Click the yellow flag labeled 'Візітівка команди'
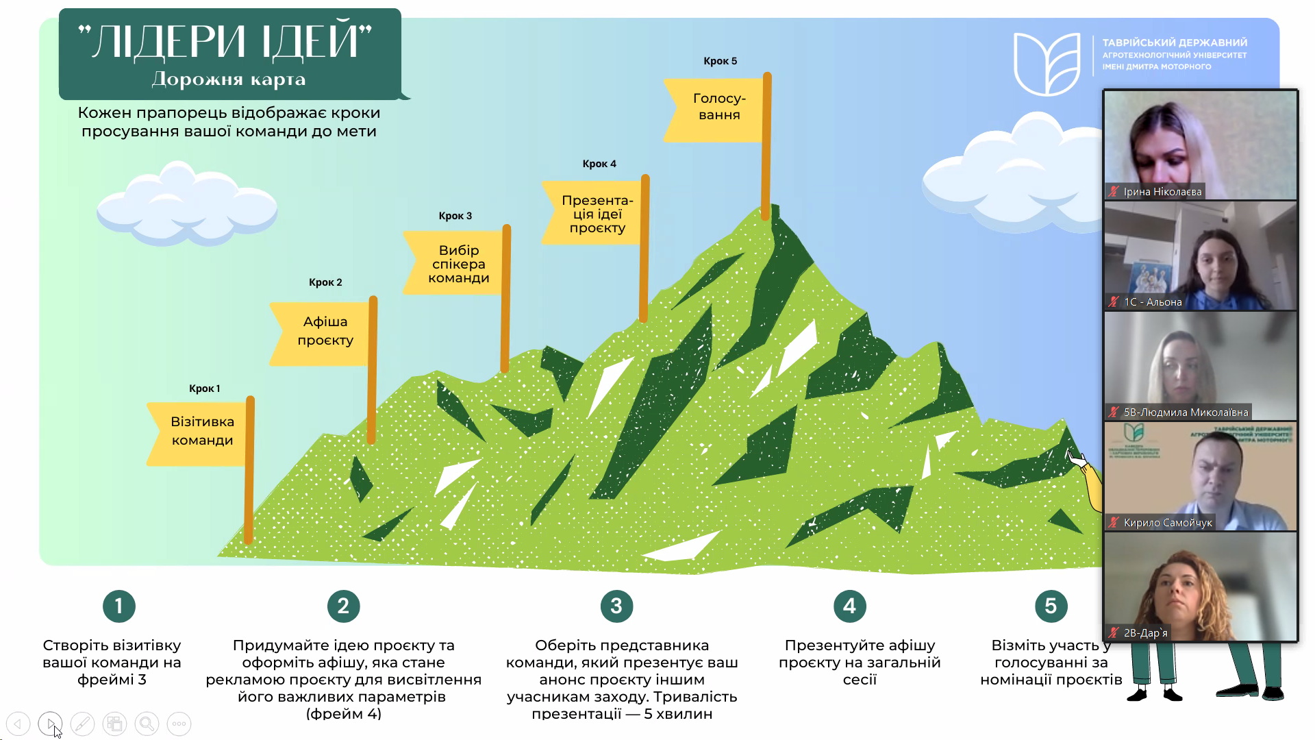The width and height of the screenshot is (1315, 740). [198, 432]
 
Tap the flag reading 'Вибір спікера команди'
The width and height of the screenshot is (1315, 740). [455, 264]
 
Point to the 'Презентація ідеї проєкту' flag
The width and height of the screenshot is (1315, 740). [594, 214]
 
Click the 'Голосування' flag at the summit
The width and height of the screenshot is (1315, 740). [716, 107]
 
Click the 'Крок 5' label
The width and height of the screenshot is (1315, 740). [721, 61]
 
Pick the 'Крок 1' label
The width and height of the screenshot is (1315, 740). [204, 388]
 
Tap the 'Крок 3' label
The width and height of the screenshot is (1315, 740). [455, 216]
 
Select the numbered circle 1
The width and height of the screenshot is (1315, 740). [119, 606]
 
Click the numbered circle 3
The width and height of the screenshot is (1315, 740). [616, 606]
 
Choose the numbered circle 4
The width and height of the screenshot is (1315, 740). [849, 606]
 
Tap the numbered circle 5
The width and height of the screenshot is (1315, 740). [1051, 606]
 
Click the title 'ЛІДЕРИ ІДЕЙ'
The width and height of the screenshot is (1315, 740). [226, 41]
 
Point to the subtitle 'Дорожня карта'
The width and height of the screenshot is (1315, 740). [229, 79]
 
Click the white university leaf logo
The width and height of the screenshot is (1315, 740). [1047, 64]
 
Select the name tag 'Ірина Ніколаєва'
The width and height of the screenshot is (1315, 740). [1162, 192]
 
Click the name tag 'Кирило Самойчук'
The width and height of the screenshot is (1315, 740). [1168, 523]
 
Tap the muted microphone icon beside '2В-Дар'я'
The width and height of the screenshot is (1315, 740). [1114, 632]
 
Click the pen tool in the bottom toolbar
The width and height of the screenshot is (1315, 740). [82, 724]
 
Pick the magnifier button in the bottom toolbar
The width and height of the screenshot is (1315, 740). [147, 724]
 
